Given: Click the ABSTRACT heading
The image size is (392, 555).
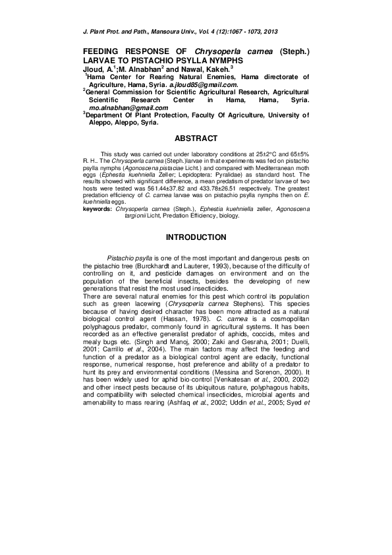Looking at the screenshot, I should tap(196, 138).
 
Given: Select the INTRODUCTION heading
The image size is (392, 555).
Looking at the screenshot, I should tap(196, 237).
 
